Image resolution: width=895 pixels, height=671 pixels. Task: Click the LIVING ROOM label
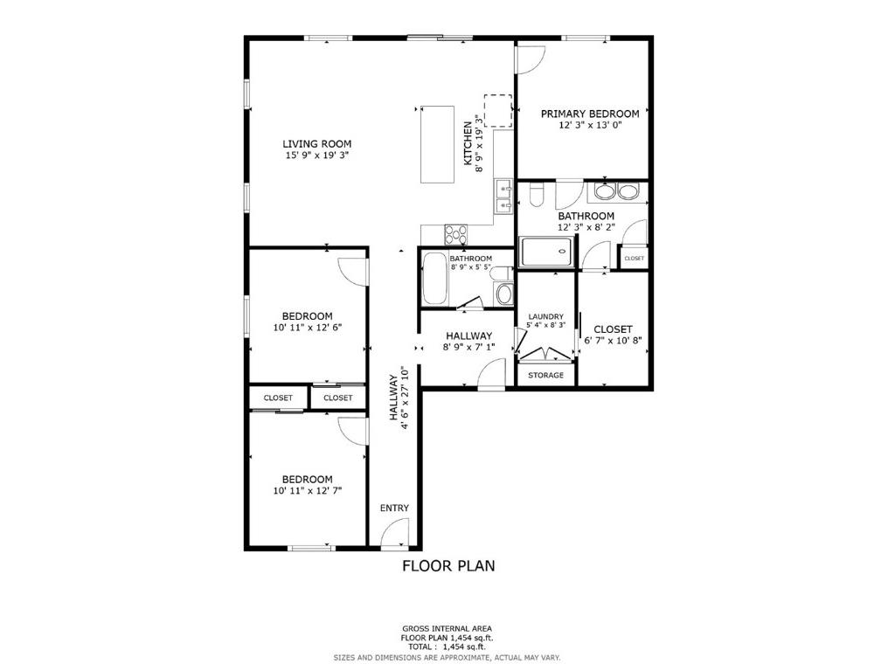pos(316,144)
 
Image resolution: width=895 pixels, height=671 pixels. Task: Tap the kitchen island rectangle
pos(437,144)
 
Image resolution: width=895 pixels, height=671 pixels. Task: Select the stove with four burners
pos(456,234)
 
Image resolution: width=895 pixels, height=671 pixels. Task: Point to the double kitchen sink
pos(503,197)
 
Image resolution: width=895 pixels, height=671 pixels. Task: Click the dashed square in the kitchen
pos(498,110)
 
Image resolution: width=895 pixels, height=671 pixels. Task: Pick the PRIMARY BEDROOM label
pos(589,114)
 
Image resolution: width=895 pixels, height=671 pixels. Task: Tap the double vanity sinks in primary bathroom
pos(617,191)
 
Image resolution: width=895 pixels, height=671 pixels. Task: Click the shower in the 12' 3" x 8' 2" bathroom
pos(548,253)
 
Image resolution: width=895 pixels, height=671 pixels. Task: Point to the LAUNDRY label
pos(545,316)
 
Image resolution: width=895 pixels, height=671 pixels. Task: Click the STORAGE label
pos(545,375)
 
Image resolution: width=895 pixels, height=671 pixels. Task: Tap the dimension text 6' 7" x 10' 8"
pos(613,341)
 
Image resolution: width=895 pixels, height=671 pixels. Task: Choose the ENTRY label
pos(394,508)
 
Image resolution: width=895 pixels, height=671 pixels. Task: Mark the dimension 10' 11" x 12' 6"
pos(307,328)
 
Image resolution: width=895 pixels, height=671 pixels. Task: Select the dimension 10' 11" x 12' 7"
pos(307,491)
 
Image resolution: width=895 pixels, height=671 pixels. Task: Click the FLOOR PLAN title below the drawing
pos(447,565)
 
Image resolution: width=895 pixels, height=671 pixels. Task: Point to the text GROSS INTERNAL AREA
pos(447,628)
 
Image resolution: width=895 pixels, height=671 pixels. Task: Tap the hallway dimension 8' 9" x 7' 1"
pos(468,347)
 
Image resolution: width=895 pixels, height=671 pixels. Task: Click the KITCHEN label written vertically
pos(468,144)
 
